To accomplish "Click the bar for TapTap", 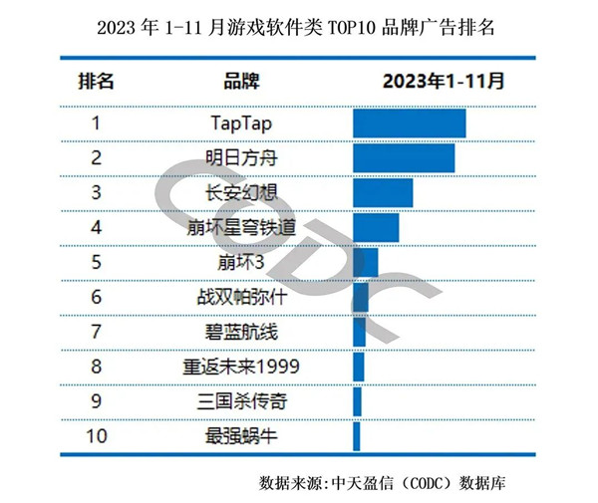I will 410,124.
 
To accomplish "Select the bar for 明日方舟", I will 404,158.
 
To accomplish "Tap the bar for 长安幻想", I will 383,193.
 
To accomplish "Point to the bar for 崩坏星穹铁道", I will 376,228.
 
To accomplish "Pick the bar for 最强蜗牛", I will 357,435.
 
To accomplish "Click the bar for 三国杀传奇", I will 357,400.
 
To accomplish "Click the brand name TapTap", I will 241,124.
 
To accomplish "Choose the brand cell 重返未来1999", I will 241,367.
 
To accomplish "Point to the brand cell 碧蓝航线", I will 241,332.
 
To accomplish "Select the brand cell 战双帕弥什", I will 241,297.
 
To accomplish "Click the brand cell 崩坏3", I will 241,263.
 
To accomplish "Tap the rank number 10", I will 97,435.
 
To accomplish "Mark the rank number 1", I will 97,124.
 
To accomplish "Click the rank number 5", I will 97,263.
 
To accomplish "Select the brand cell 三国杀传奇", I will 241,400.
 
